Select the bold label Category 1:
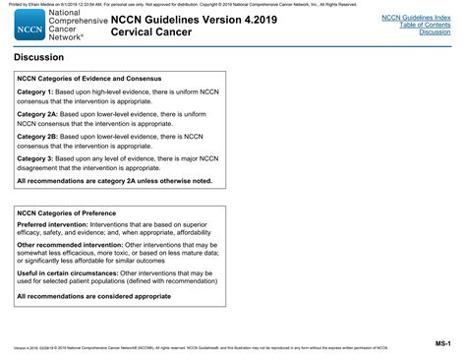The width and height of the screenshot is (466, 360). click(36, 91)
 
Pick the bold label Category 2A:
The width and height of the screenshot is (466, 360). click(38, 114)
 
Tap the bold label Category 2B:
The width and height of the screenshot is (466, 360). click(38, 137)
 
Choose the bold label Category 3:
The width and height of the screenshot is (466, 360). click(36, 159)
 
